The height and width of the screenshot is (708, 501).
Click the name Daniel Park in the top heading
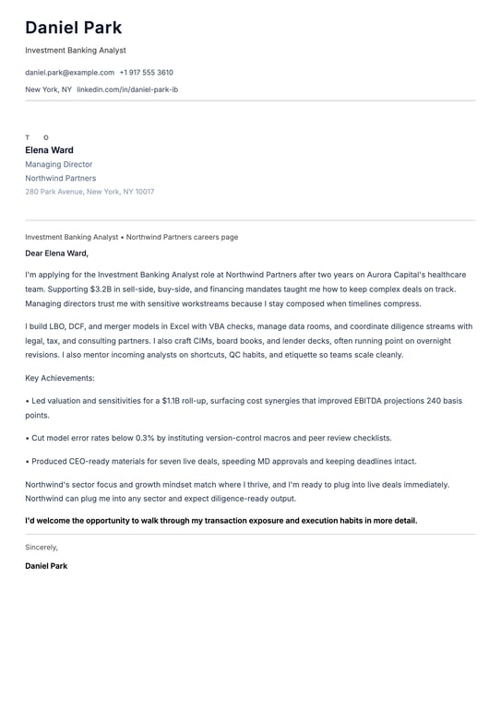(x=73, y=29)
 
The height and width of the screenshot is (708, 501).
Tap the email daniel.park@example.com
(x=69, y=72)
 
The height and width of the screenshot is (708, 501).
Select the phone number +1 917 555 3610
(x=146, y=72)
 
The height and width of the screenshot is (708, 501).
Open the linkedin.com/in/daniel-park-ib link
(x=127, y=89)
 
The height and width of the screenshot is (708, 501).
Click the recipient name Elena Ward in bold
(x=49, y=150)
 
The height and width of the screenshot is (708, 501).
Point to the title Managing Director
(x=58, y=164)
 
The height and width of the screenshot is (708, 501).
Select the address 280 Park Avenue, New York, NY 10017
(x=89, y=192)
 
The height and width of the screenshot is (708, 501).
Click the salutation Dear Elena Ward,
(x=56, y=253)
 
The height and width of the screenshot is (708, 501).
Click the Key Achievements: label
(x=60, y=378)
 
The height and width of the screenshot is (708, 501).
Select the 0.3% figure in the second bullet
(x=146, y=438)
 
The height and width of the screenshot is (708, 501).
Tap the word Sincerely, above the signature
(x=42, y=547)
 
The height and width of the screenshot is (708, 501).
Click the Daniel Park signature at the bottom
(x=46, y=565)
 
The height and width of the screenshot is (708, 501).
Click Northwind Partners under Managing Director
(x=60, y=178)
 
